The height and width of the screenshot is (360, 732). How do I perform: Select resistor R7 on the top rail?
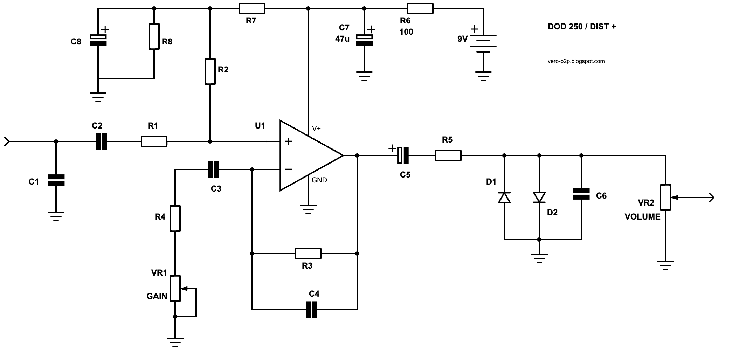[252, 8]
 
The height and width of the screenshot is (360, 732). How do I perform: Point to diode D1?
[504, 197]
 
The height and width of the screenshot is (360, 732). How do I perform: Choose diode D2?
[539, 197]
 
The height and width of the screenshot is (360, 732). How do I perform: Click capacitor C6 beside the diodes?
[581, 194]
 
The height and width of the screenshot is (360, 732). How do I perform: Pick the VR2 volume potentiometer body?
[665, 198]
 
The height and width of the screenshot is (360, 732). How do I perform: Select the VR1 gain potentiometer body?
[175, 289]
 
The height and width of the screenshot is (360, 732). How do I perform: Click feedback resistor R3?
[308, 254]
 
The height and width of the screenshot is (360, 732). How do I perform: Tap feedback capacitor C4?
[312, 310]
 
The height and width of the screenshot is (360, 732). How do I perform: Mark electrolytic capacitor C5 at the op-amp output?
[403, 155]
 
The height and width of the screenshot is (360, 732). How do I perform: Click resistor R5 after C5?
[448, 155]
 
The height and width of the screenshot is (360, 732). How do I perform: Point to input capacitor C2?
[102, 141]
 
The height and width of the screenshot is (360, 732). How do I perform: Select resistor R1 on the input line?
[154, 141]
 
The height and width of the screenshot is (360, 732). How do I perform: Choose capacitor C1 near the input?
[56, 180]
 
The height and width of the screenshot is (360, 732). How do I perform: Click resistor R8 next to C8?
[154, 36]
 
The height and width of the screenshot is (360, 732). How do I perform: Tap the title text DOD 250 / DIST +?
[582, 27]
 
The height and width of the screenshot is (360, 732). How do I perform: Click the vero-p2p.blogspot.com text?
[576, 61]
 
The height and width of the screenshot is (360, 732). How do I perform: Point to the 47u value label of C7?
[342, 39]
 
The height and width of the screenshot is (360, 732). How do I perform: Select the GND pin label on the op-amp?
[319, 180]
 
